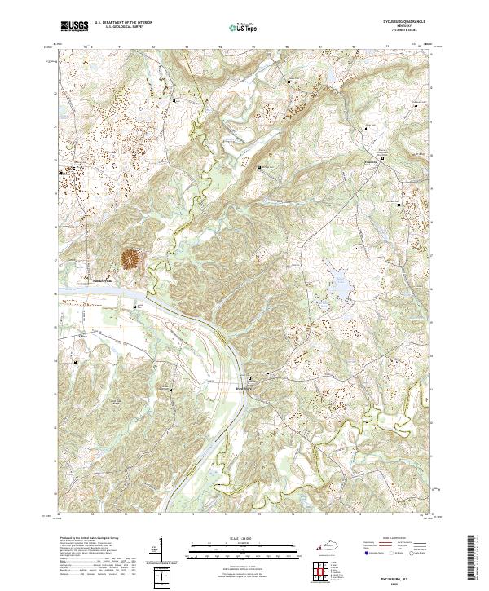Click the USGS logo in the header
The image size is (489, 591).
(73, 27)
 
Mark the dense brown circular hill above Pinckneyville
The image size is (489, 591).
(130, 259)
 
